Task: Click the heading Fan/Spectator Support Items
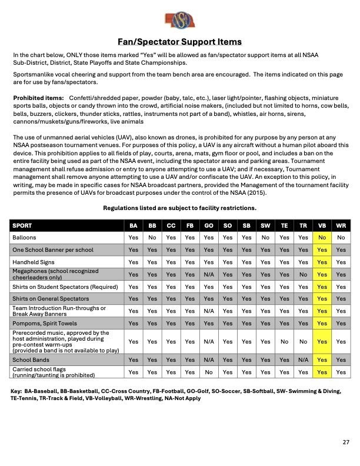click(x=179, y=42)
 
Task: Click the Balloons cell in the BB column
click(x=152, y=238)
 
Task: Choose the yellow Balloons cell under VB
click(x=322, y=238)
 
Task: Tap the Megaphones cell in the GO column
click(x=209, y=274)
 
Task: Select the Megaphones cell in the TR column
click(x=303, y=274)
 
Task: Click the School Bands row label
click(x=31, y=360)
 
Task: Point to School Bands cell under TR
click(x=303, y=360)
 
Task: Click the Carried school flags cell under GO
click(x=209, y=372)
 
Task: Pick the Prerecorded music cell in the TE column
click(x=284, y=341)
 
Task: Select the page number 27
click(x=345, y=442)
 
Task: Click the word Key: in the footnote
click(x=17, y=390)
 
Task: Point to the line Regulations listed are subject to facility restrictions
click(x=179, y=208)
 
